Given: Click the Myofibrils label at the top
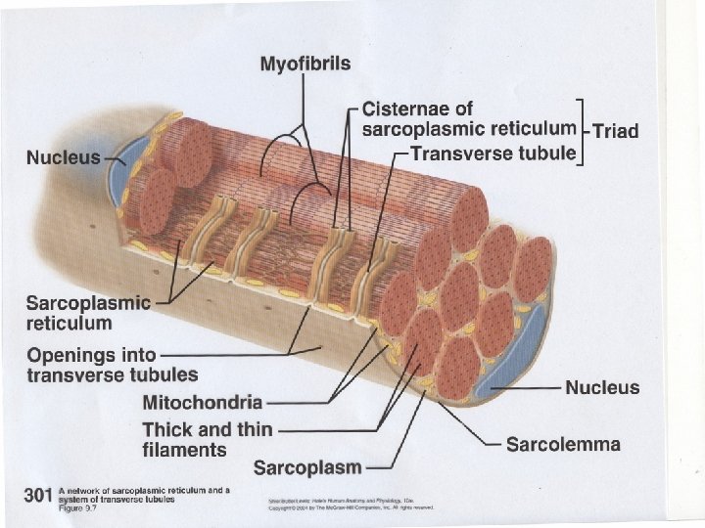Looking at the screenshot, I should pos(305,65).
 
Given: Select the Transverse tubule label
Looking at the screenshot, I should pos(493,154).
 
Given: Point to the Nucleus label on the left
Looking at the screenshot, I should pos(64,156).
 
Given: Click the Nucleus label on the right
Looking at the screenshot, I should pos(602,388).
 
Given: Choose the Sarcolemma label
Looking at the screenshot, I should pos(563,445).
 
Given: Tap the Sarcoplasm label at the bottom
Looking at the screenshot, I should pos(307,468).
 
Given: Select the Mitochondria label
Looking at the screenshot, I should pos(203,402).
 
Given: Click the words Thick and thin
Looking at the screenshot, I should pos(201,429).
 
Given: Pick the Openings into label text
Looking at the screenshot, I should pos(91,354).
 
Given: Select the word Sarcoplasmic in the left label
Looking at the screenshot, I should pos(88,302).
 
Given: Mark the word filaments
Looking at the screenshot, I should pos(184,450).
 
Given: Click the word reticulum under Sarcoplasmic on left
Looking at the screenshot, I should pos(70,323).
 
